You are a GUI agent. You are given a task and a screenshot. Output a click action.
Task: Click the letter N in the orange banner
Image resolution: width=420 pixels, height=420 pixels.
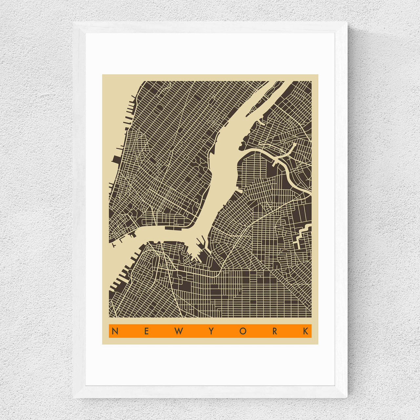coord(115,331)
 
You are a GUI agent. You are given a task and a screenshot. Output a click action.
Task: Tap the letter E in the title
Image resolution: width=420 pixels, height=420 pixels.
coord(146,331)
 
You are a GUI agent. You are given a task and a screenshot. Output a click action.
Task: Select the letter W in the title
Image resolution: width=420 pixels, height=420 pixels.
coord(178,331)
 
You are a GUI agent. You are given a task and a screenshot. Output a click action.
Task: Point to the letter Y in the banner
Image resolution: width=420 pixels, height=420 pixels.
coord(211,331)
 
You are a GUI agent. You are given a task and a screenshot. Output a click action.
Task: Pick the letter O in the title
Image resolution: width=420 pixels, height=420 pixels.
coord(243,331)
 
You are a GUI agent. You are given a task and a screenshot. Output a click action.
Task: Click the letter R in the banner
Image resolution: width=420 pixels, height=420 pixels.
coord(275,331)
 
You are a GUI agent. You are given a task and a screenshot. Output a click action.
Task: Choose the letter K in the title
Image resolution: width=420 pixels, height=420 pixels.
coord(306,331)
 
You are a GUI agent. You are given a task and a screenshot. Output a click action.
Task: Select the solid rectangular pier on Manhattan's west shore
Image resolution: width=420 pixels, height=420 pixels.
coord(116,159)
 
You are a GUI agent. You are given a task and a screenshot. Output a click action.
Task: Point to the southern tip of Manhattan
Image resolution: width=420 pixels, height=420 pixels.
coord(114,243)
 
